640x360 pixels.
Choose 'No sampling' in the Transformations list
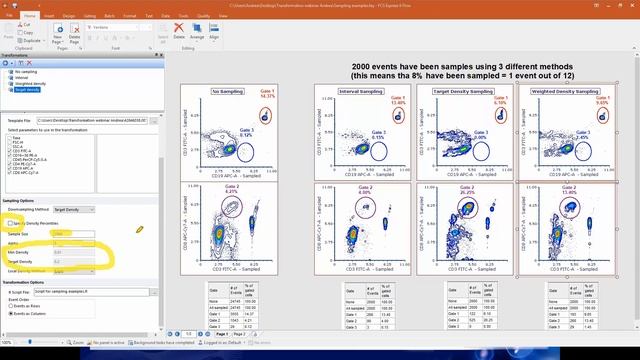click(x=26, y=73)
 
